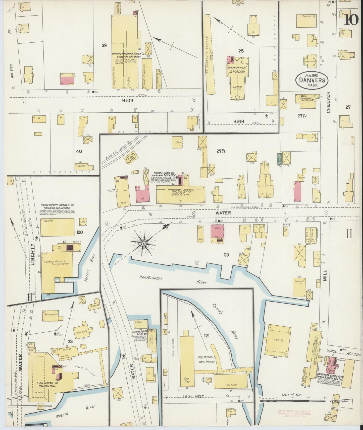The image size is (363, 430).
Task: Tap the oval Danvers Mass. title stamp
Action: point(312,80)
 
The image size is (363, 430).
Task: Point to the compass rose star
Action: point(143,243)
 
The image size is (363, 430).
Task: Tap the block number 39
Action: point(104,45)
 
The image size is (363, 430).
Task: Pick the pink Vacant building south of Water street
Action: point(217,233)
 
